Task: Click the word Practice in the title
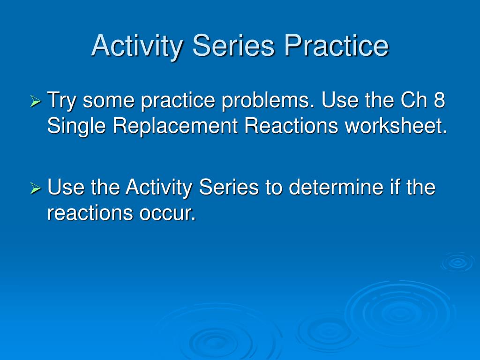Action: [337, 45]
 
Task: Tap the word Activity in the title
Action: [137, 46]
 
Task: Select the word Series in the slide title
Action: [233, 45]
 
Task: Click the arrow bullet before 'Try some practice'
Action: [36, 101]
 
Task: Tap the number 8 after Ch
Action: [439, 100]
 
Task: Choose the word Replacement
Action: [175, 127]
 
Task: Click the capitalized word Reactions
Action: [291, 126]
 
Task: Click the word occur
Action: [167, 213]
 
